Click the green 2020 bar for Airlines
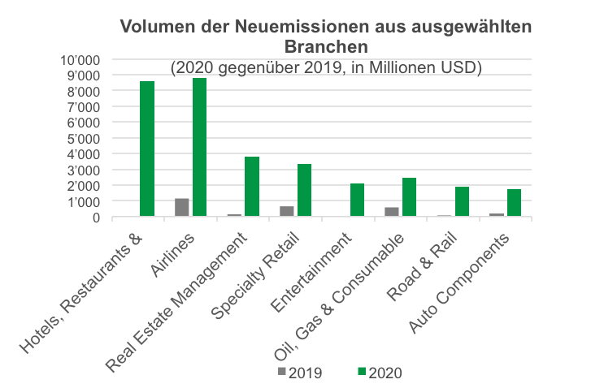point(199,147)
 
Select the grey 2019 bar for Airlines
point(182,207)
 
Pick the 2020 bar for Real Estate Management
point(252,187)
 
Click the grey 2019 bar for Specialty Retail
point(287,211)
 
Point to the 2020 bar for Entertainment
point(357,200)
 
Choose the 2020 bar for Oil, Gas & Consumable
point(410,197)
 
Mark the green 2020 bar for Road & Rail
point(462,201)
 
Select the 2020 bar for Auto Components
point(515,203)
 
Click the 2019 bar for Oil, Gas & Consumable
point(392,212)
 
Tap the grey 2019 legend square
point(281,372)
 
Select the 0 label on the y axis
point(95,217)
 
